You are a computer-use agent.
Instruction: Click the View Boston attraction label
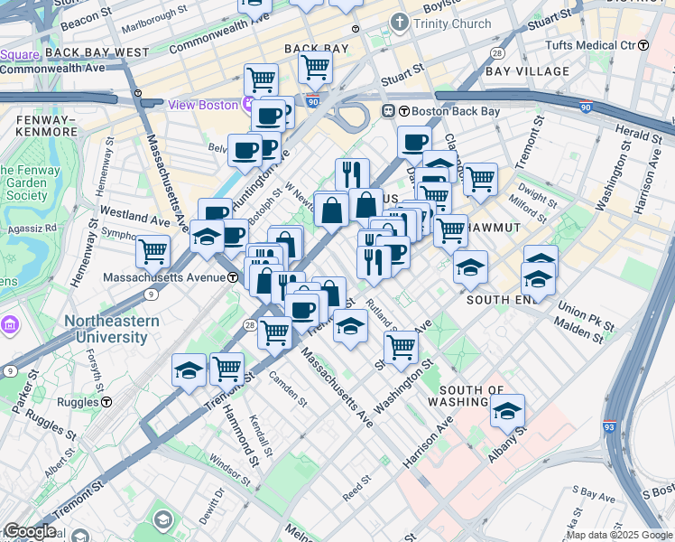[x=203, y=105]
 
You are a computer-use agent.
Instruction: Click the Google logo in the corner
[x=31, y=531]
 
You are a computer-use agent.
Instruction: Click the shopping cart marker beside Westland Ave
[x=153, y=250]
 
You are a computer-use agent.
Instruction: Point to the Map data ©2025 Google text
[x=619, y=535]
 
